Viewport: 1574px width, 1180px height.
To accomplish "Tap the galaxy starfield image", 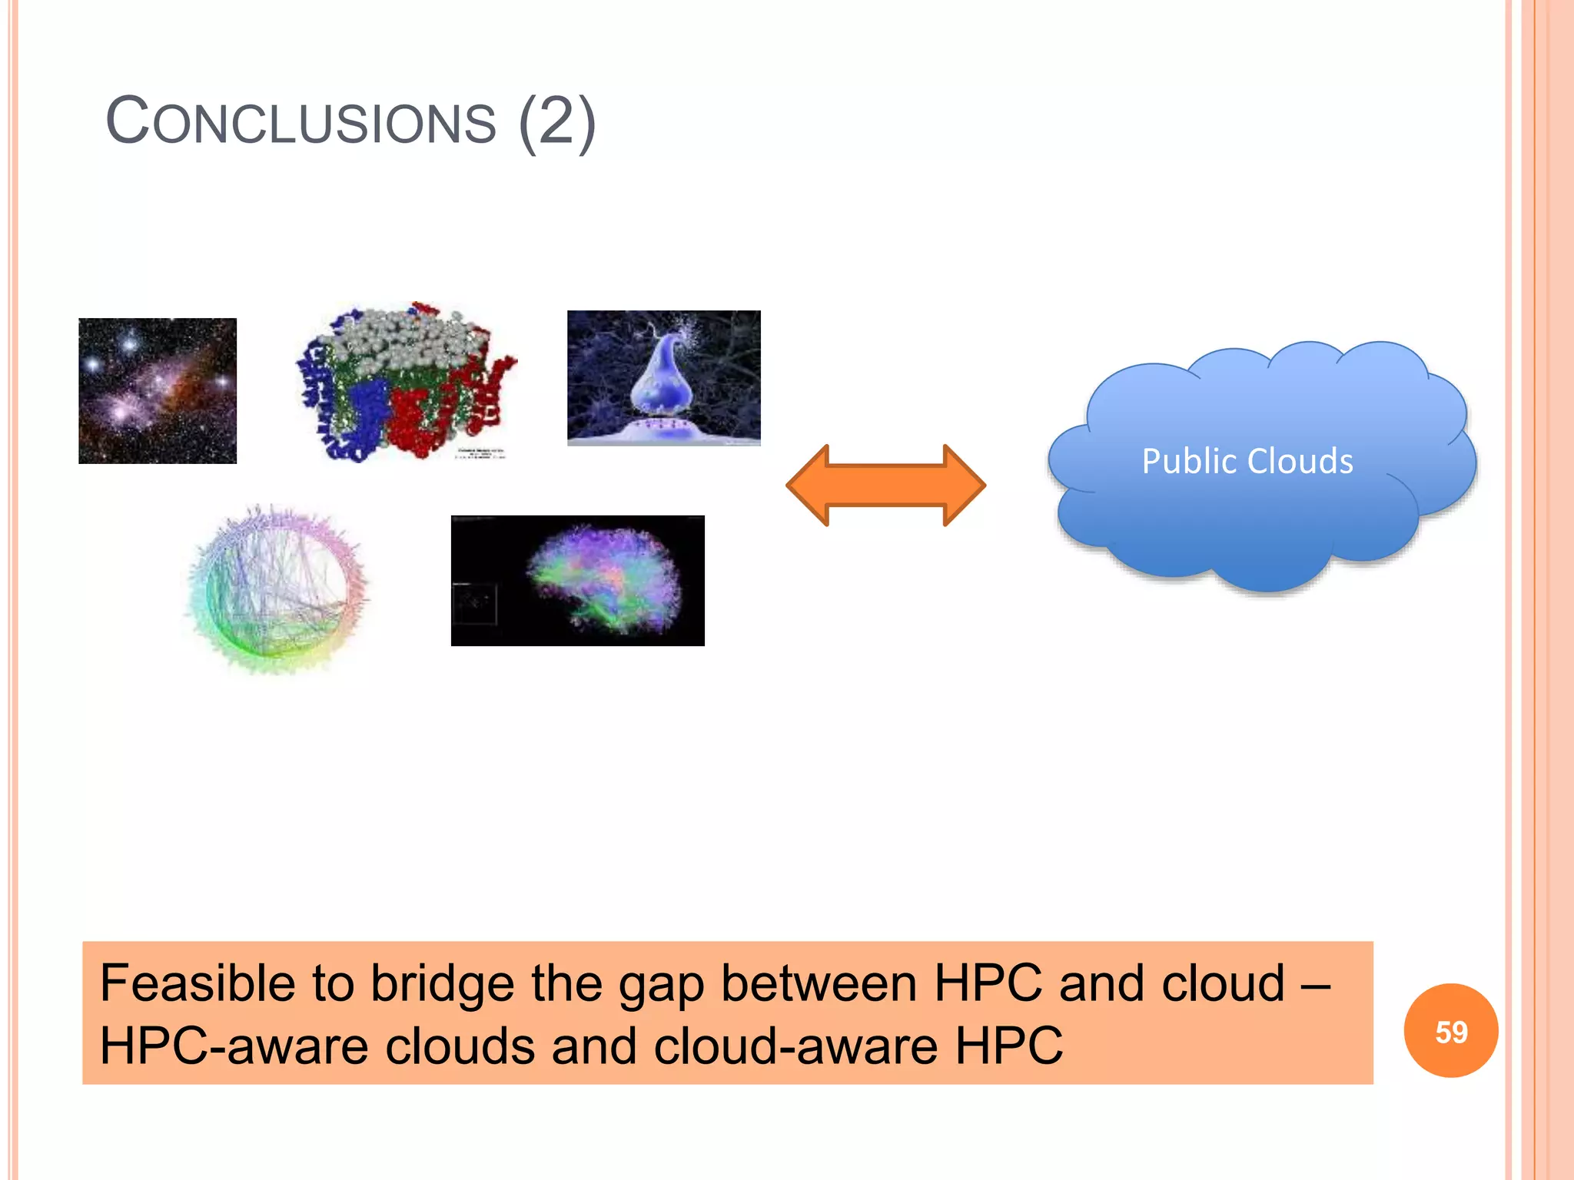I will coord(158,390).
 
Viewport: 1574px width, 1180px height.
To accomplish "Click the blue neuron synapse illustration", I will coord(663,377).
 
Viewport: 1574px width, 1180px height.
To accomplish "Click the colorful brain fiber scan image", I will coord(599,580).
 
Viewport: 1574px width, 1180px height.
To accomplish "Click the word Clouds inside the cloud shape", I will coord(1300,462).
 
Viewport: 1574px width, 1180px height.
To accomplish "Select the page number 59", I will coord(1451,1031).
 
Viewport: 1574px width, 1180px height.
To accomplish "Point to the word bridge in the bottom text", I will coord(442,983).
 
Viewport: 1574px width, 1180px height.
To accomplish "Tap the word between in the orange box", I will coord(819,983).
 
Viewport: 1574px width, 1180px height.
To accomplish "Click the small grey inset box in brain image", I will coord(474,604).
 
